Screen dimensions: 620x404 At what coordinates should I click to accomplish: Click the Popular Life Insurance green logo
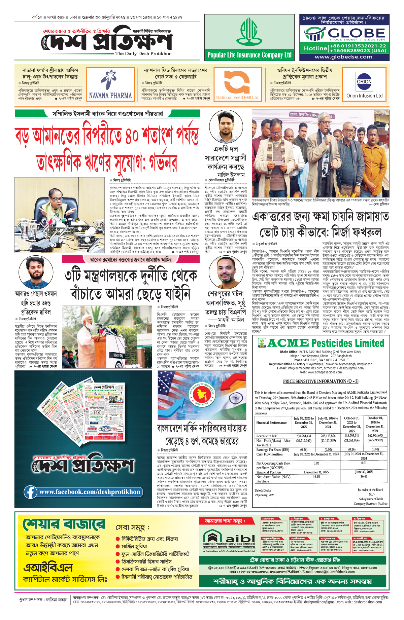[249, 31]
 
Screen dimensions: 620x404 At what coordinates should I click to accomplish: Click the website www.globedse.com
[343, 57]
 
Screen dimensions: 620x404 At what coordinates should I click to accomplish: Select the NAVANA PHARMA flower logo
[110, 80]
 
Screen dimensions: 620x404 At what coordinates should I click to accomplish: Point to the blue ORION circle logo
[364, 81]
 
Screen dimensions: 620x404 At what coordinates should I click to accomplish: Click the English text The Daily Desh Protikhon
[143, 53]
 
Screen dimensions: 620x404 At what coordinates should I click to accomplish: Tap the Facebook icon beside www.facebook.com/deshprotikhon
[30, 492]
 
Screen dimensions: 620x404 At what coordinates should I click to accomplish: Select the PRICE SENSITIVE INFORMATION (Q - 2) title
[321, 381]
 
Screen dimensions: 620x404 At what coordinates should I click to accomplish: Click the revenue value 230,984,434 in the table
[304, 436]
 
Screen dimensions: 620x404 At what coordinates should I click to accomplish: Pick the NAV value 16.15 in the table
[316, 477]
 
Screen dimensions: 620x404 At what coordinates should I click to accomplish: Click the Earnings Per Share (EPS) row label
[273, 449]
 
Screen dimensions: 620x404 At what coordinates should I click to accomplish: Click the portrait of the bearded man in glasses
[231, 273]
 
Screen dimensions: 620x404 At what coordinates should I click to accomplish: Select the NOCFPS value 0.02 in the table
[316, 463]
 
